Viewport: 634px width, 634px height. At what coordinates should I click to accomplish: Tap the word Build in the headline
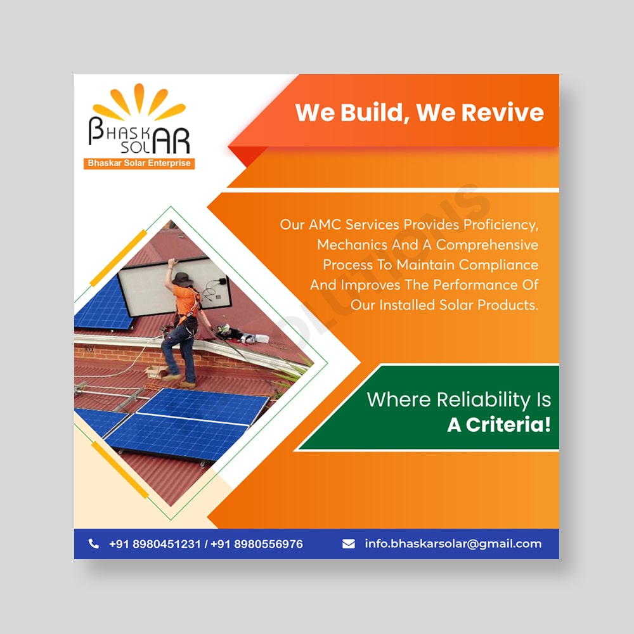372,112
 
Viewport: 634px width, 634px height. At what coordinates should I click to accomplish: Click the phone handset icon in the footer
93,544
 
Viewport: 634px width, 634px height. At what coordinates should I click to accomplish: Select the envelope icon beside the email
349,544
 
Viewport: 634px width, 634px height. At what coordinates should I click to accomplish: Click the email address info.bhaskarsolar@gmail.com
453,544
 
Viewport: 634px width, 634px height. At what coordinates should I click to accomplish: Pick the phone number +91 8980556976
257,544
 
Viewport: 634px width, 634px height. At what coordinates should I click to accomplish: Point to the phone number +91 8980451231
155,544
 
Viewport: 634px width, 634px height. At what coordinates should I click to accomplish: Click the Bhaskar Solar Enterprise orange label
139,164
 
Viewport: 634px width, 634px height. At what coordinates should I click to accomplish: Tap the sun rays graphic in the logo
139,102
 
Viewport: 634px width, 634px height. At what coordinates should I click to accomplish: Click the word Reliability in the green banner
484,400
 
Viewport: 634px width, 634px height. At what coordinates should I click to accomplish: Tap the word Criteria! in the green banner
508,425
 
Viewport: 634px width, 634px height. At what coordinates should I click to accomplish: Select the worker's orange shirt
186,300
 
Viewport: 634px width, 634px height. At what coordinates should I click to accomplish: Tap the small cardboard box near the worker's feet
156,372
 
